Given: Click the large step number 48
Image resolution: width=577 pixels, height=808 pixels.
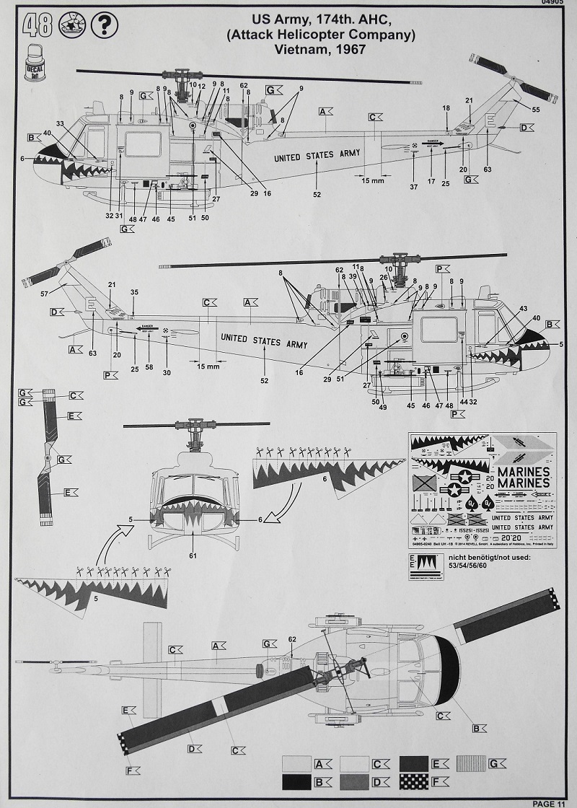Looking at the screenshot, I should [37, 26].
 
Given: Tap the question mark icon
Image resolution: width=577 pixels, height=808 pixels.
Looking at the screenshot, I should [105, 26].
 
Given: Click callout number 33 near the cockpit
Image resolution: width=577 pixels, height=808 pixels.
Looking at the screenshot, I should [60, 123].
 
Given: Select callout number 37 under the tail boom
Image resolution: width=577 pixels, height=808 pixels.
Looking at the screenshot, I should [413, 188].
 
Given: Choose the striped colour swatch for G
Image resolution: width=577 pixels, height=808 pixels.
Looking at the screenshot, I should [472, 763].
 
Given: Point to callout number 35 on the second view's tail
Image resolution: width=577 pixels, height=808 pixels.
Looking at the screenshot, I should [133, 293].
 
